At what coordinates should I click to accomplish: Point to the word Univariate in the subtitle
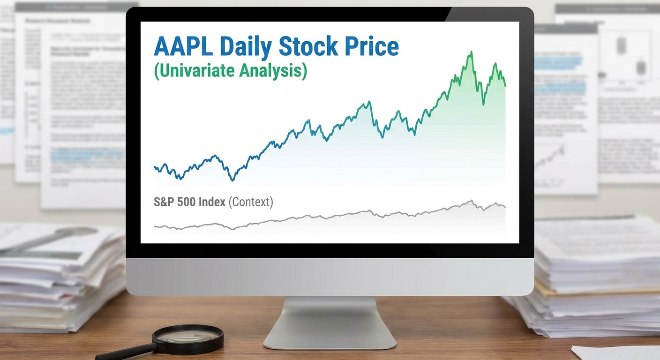click(193, 70)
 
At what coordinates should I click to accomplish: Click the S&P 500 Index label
click(190, 202)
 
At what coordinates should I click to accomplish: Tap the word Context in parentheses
click(251, 202)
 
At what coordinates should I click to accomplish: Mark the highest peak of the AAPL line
click(471, 52)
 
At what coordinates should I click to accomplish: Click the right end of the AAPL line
click(505, 85)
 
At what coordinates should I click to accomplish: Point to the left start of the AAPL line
click(155, 167)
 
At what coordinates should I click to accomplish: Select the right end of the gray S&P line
click(505, 206)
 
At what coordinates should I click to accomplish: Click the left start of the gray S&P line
click(155, 227)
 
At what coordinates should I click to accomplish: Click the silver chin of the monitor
click(330, 277)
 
